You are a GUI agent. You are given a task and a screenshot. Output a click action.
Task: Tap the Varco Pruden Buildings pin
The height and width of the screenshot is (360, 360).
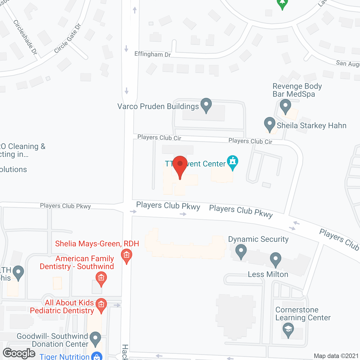[x=206, y=105]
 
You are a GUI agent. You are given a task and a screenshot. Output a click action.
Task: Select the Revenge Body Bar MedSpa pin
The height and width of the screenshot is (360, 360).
[x=285, y=106]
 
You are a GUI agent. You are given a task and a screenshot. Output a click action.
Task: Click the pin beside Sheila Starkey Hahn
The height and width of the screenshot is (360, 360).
[x=270, y=124]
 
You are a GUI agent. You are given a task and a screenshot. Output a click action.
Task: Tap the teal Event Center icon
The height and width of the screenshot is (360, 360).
[x=233, y=162]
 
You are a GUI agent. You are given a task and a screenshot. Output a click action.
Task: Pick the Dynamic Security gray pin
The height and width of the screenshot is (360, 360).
[x=241, y=251]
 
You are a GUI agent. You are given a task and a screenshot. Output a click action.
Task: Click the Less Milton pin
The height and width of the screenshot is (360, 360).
[x=276, y=259]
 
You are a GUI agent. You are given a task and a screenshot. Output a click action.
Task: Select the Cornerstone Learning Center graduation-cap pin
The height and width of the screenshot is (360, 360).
[x=288, y=330]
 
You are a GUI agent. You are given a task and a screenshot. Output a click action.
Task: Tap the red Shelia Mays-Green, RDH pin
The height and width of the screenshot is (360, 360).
[x=127, y=256]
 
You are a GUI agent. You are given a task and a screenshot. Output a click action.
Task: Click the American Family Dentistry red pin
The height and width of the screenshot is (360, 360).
[x=101, y=279]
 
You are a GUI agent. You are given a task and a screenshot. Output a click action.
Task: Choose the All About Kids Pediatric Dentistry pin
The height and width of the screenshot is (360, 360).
[x=101, y=305]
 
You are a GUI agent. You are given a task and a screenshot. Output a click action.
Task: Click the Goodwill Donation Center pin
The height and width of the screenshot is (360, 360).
[x=96, y=339]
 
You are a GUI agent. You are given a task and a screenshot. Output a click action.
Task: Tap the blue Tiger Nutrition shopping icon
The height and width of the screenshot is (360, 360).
[x=97, y=356]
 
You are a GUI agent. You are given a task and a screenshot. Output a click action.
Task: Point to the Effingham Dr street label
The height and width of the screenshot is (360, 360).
[x=152, y=54]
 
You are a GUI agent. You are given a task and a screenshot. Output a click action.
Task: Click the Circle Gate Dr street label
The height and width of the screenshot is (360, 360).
[x=67, y=39]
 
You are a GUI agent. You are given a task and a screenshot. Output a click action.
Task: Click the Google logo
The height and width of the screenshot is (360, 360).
[x=19, y=353]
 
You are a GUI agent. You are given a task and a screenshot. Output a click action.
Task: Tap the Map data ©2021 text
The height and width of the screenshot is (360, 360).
[x=336, y=356]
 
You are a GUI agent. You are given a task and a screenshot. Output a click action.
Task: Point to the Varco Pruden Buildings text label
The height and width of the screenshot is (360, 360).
[x=158, y=107]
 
